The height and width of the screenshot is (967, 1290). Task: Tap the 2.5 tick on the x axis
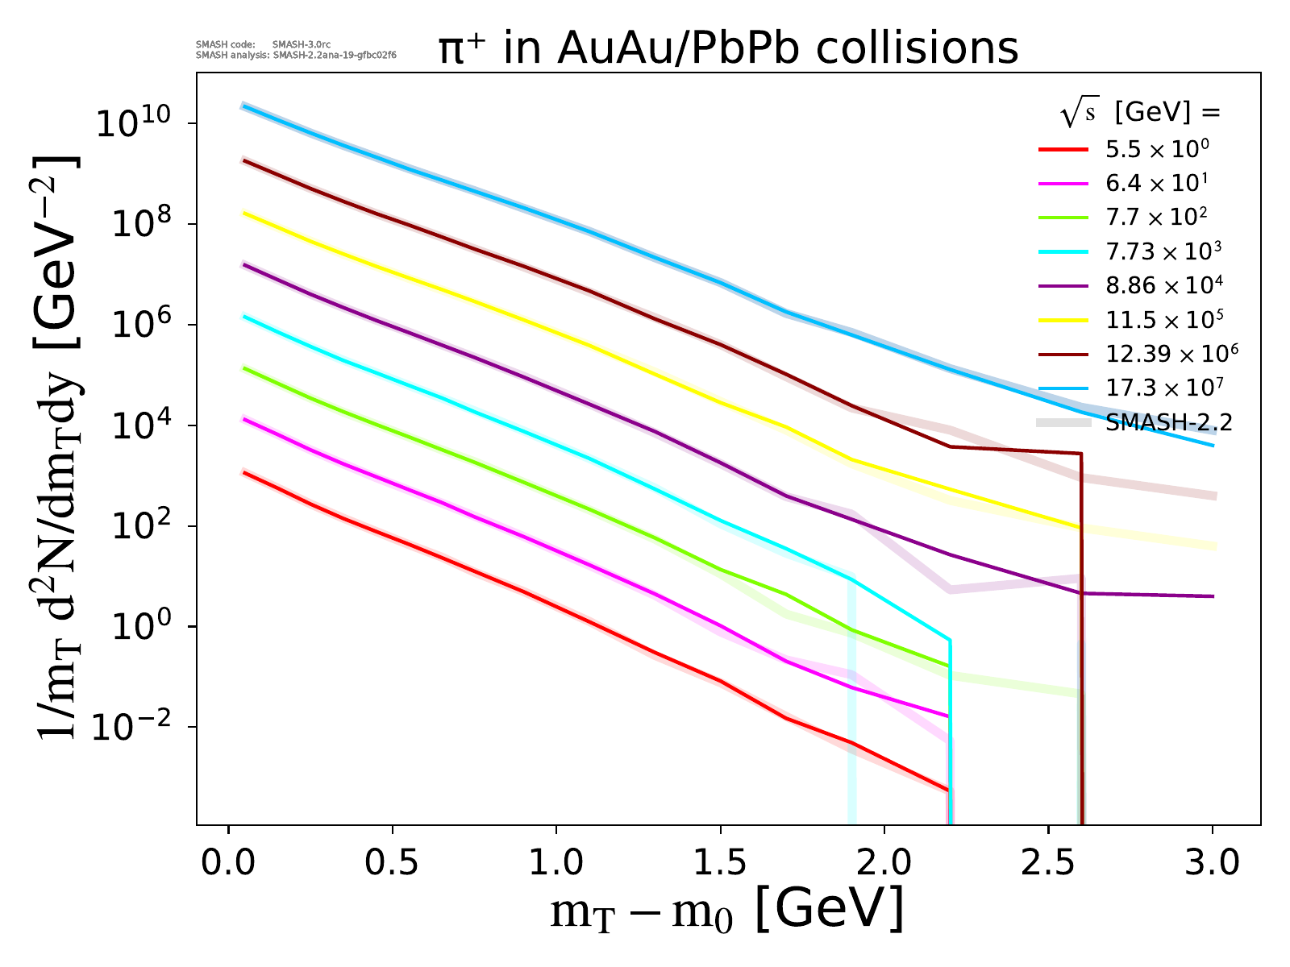[x=1047, y=862]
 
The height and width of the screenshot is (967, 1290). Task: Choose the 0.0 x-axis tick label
[x=228, y=862]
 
